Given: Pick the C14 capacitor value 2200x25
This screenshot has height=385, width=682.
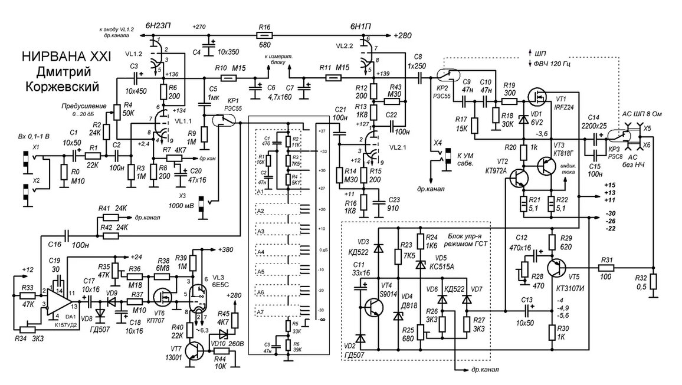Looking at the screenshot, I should [x=601, y=126].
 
